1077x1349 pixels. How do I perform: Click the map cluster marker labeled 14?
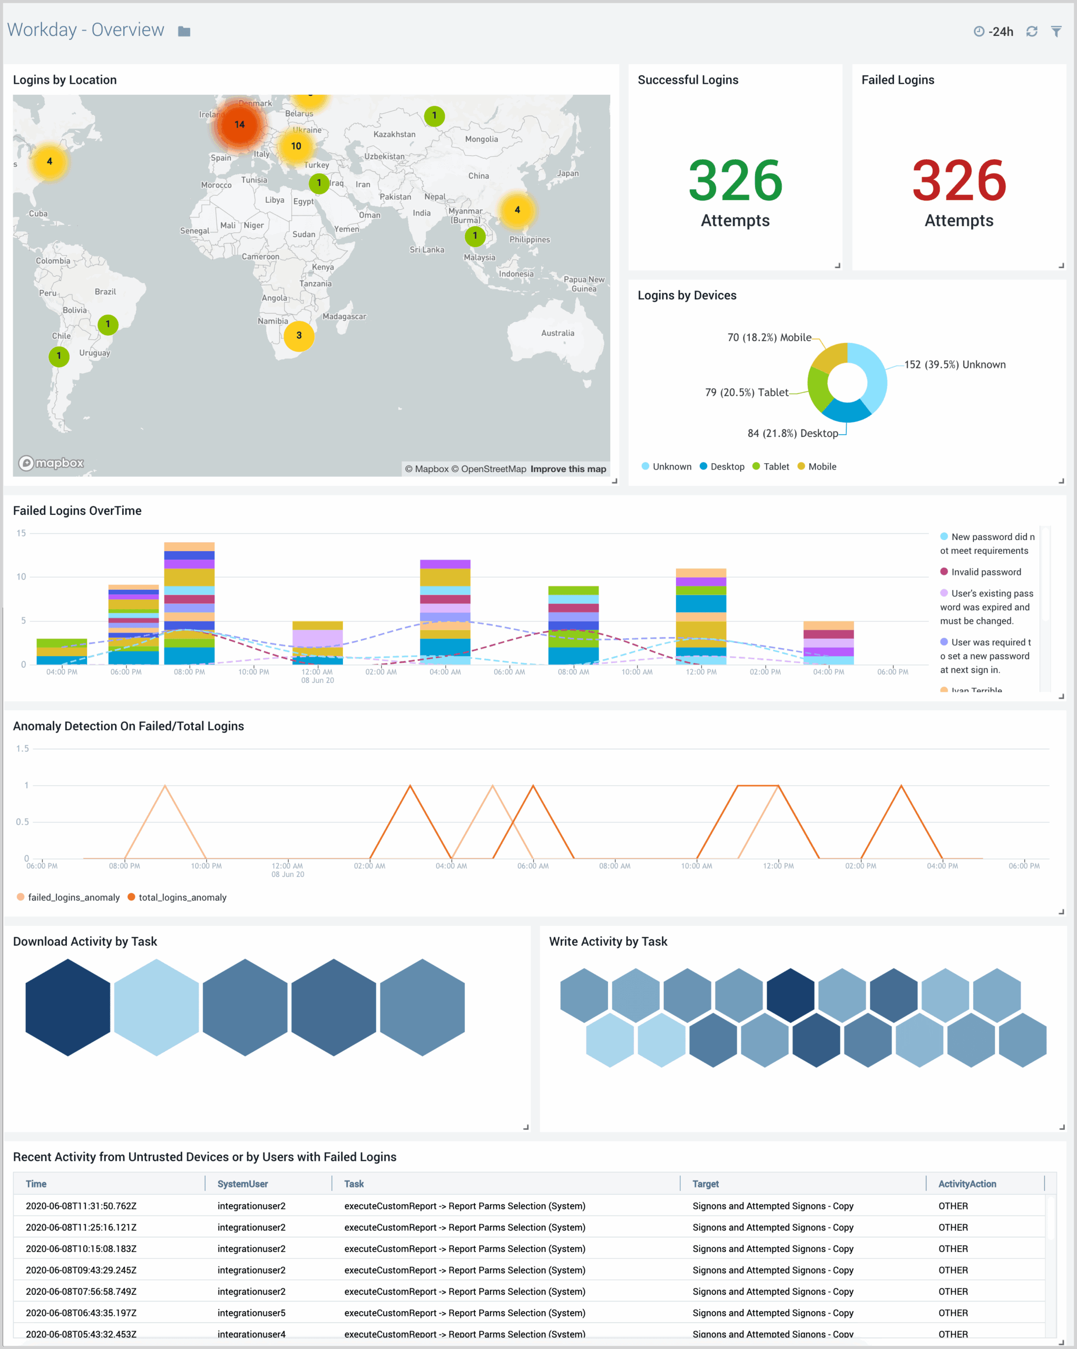240,124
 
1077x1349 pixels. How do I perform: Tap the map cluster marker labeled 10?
296,146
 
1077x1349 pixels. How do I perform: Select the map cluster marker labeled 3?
299,335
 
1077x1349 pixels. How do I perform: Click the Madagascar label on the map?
344,317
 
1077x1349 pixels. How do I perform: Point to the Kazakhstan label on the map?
394,134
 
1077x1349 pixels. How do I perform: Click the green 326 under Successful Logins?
736,181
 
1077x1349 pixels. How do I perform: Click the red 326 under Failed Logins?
959,181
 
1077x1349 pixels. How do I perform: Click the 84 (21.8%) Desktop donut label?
792,433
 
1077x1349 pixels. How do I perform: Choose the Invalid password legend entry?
986,572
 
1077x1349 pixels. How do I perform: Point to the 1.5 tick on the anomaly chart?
23,749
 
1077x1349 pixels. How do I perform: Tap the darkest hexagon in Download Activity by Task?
67,1008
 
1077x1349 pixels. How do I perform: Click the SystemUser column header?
243,1184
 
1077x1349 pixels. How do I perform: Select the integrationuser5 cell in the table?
251,1313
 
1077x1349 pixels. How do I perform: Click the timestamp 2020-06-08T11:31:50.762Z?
81,1206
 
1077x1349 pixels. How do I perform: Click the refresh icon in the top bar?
1032,31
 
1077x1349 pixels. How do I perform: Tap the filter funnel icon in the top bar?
1056,31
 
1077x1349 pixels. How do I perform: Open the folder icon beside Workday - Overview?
184,31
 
